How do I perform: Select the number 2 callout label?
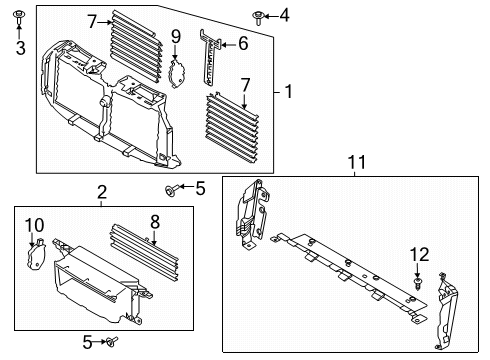(x=101, y=192)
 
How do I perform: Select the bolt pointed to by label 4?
(x=259, y=15)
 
